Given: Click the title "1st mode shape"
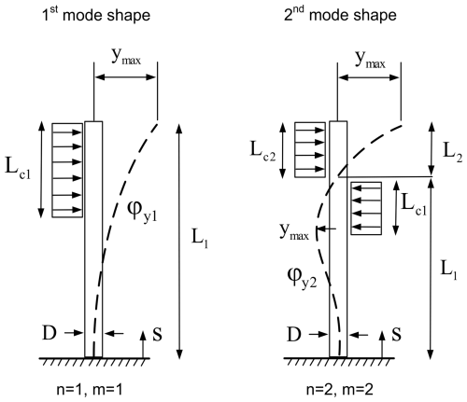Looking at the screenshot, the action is click(96, 15).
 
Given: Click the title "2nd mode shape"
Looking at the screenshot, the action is click(340, 15).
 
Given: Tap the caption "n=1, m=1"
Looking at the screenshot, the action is click(90, 389).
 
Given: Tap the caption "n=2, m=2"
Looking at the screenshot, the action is click(340, 389).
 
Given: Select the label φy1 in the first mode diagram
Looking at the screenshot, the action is click(142, 211).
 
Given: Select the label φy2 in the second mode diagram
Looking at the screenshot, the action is click(302, 278).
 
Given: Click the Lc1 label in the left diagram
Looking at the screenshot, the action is click(18, 169).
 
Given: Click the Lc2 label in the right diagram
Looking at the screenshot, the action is click(263, 151).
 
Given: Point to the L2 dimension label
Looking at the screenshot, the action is click(452, 152).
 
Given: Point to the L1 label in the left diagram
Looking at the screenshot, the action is click(200, 239).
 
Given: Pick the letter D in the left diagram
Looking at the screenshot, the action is click(50, 333).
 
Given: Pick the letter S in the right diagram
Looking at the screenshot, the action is click(396, 335).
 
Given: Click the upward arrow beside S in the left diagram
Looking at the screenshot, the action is click(143, 344).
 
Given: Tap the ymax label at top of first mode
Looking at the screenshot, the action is click(126, 57).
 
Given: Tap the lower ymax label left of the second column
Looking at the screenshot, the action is click(294, 231).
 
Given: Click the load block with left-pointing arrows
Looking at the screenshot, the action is click(366, 208).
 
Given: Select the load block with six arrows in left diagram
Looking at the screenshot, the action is click(67, 170).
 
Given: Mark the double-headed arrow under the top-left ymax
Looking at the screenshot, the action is click(125, 76).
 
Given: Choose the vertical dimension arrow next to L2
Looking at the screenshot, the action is click(431, 148).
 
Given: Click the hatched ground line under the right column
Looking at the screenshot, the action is click(339, 361).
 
